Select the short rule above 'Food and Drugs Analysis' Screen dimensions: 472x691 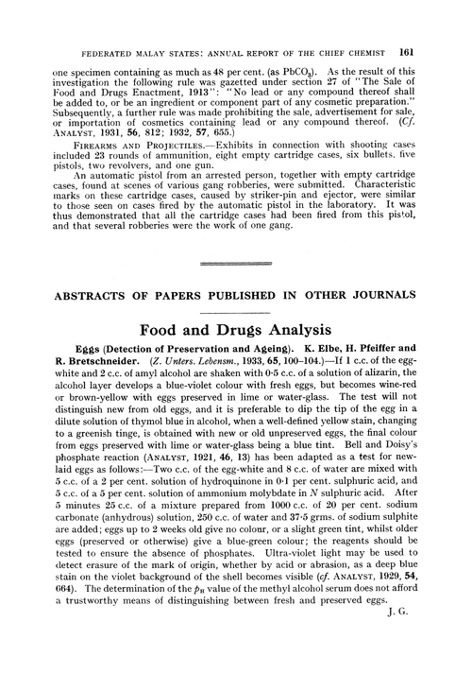(x=236, y=313)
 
